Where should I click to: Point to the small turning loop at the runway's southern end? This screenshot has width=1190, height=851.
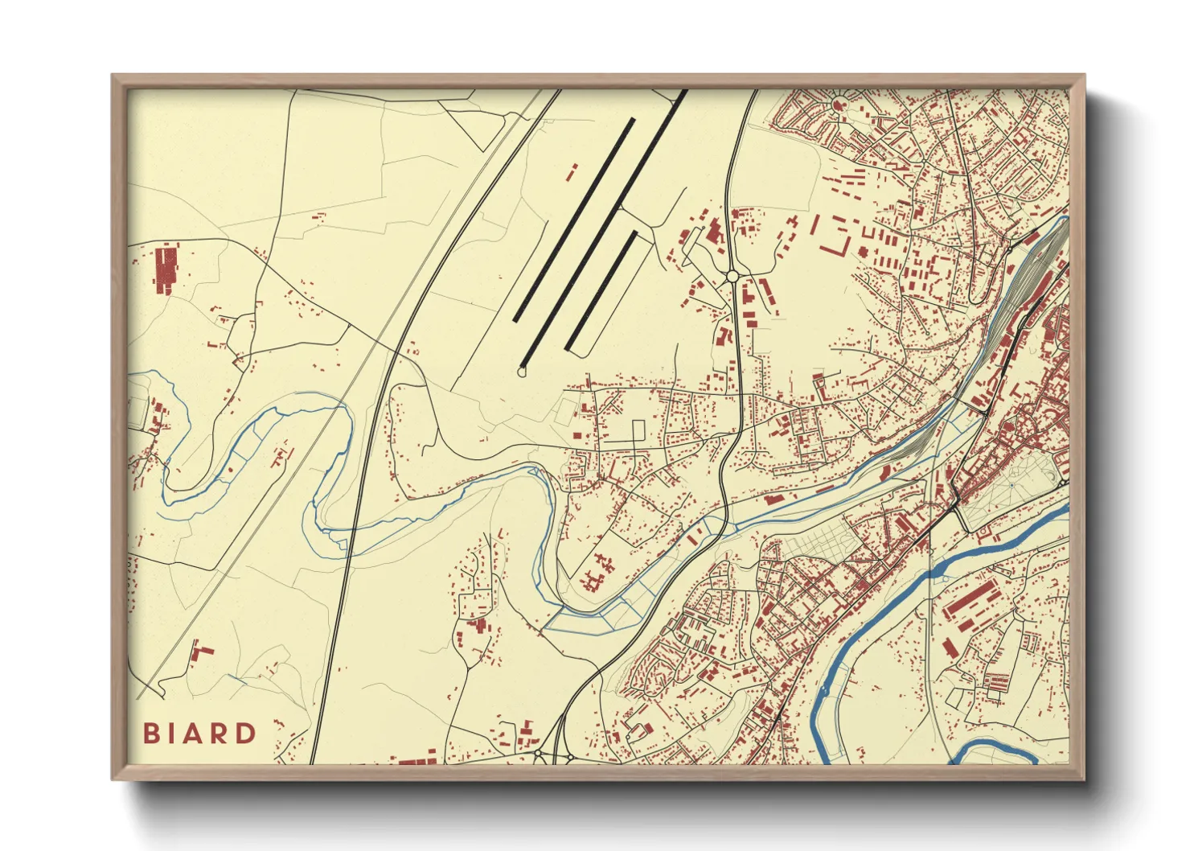(523, 372)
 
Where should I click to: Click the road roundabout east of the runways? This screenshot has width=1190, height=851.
(732, 277)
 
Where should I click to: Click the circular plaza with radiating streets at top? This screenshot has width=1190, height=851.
(839, 103)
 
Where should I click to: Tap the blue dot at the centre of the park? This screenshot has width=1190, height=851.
(1011, 486)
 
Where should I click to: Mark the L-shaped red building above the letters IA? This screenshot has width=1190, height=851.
(201, 650)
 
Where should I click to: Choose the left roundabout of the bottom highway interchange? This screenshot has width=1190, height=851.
(540, 755)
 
